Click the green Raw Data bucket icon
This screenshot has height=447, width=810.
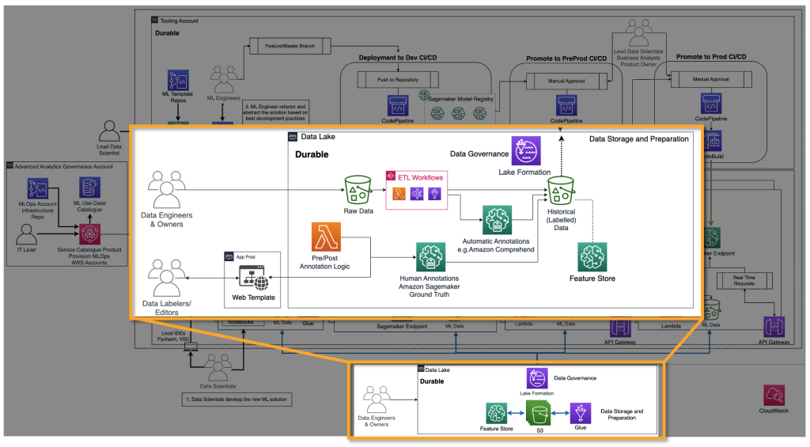coord(357,191)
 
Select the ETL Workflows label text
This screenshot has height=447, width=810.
coord(419,177)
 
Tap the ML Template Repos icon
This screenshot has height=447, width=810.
coord(179,81)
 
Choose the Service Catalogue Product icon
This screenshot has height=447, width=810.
coord(89,235)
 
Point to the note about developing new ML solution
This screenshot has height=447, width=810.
coord(237,400)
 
